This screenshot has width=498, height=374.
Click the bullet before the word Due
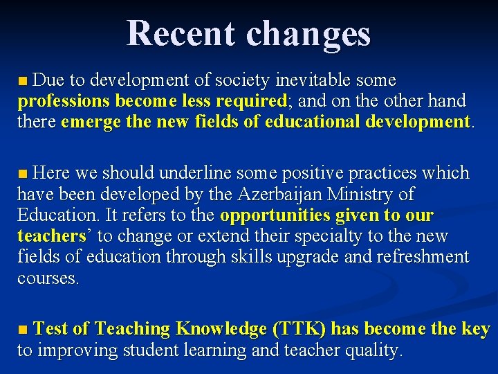tap(23, 81)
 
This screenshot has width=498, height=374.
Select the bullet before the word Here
tap(23, 172)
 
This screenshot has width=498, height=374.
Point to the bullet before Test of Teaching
tap(23, 329)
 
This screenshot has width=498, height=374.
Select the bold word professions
tap(64, 101)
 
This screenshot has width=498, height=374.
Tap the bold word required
tap(250, 101)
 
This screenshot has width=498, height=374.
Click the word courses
tap(48, 278)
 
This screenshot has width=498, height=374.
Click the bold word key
tap(475, 329)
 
